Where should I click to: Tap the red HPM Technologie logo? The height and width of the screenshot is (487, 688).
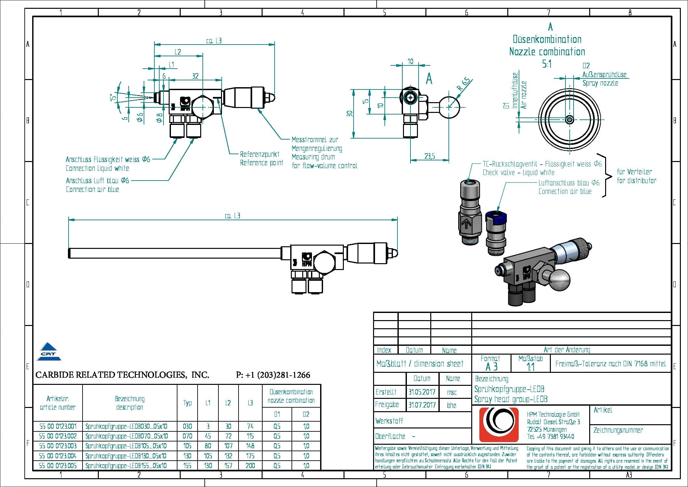pyautogui.click(x=499, y=425)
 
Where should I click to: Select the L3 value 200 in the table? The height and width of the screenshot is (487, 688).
pyautogui.click(x=250, y=466)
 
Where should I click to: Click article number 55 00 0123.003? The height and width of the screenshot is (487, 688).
pyautogui.click(x=58, y=446)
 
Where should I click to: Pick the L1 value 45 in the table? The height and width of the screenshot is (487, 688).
pyautogui.click(x=208, y=436)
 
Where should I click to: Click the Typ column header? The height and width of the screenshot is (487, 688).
pyautogui.click(x=187, y=403)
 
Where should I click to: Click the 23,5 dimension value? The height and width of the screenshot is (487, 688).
pyautogui.click(x=429, y=156)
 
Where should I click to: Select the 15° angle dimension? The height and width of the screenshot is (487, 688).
pyautogui.click(x=112, y=97)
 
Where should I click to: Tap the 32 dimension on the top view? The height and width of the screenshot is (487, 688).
pyautogui.click(x=195, y=76)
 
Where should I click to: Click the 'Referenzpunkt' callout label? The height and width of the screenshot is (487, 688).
pyautogui.click(x=259, y=154)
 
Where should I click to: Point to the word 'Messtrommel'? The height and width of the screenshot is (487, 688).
pyautogui.click(x=305, y=140)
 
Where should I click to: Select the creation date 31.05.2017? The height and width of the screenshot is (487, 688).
pyautogui.click(x=422, y=392)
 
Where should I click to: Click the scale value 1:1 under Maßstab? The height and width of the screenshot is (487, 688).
pyautogui.click(x=530, y=367)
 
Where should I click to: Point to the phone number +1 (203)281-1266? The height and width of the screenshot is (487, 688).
pyautogui.click(x=273, y=375)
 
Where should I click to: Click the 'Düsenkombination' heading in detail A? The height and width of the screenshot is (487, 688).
pyautogui.click(x=547, y=39)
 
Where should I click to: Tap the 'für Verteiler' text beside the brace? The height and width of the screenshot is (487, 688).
pyautogui.click(x=634, y=172)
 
